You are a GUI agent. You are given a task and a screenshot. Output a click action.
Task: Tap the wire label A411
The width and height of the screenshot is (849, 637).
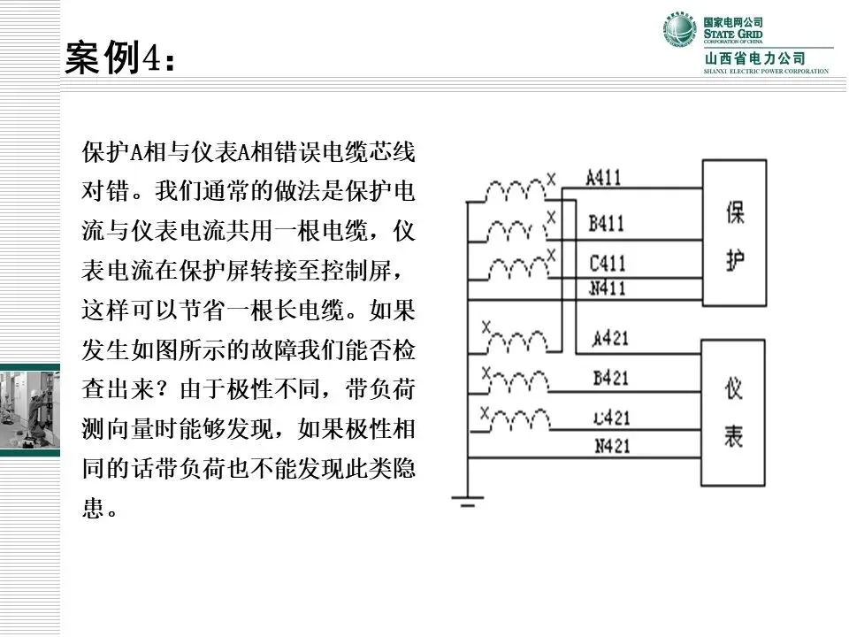pos(604,177)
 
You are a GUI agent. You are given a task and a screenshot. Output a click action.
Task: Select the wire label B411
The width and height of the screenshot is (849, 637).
pos(607,223)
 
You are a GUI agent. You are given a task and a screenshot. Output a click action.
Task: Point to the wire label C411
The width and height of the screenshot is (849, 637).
pos(607,264)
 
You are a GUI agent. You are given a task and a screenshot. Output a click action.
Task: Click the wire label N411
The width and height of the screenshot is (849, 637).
pos(607,288)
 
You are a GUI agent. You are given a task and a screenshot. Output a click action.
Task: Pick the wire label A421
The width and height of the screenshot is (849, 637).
pos(610,337)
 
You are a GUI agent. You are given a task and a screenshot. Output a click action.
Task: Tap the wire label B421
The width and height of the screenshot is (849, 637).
pos(610,378)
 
